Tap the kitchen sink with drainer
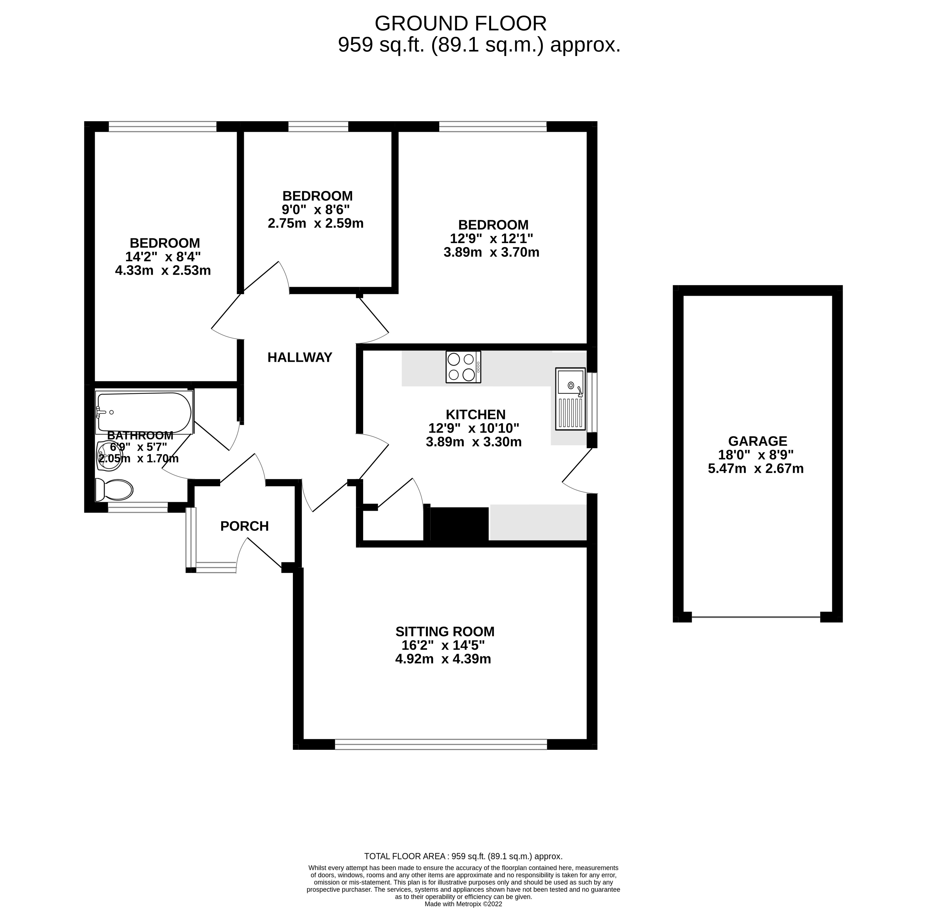pos(570,398)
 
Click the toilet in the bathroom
pos(114,490)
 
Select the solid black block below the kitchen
pos(459,524)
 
